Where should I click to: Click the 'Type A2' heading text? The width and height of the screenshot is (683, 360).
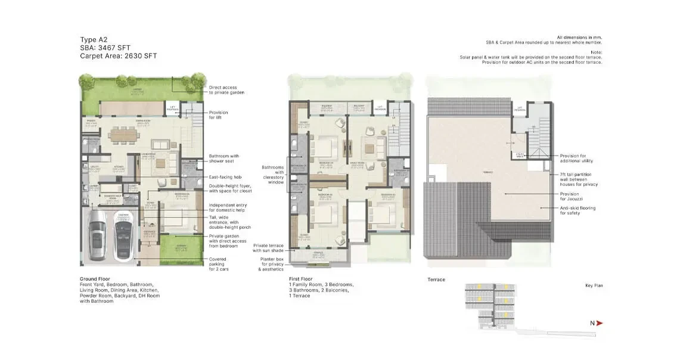(x=94, y=39)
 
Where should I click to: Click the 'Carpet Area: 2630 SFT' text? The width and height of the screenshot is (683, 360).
(x=119, y=56)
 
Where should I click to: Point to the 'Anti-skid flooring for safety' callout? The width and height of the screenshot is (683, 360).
(x=577, y=210)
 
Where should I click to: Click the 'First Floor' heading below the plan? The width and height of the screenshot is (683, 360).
(x=300, y=279)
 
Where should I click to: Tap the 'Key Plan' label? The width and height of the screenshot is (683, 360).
(x=594, y=285)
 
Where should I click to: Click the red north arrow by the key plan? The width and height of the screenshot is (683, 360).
(x=599, y=322)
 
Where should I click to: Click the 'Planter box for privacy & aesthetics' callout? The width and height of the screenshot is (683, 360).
(x=271, y=264)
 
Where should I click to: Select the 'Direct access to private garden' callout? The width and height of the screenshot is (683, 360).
(x=226, y=90)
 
